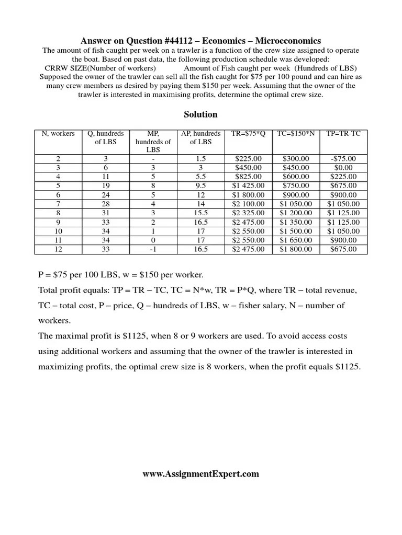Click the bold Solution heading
(200, 114)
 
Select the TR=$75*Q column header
(248, 134)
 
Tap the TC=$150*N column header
(296, 134)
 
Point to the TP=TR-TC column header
(343, 134)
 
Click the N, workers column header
(58, 134)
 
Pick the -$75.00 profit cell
(343, 159)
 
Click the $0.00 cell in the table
(343, 168)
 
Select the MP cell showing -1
(153, 249)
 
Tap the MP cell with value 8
(153, 185)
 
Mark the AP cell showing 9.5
(200, 185)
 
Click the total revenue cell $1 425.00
(248, 185)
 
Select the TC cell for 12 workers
(296, 249)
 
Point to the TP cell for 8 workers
(343, 213)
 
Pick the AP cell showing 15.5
(200, 213)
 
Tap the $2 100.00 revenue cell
(248, 204)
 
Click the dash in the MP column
(153, 159)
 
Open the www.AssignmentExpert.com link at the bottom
(200, 474)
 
